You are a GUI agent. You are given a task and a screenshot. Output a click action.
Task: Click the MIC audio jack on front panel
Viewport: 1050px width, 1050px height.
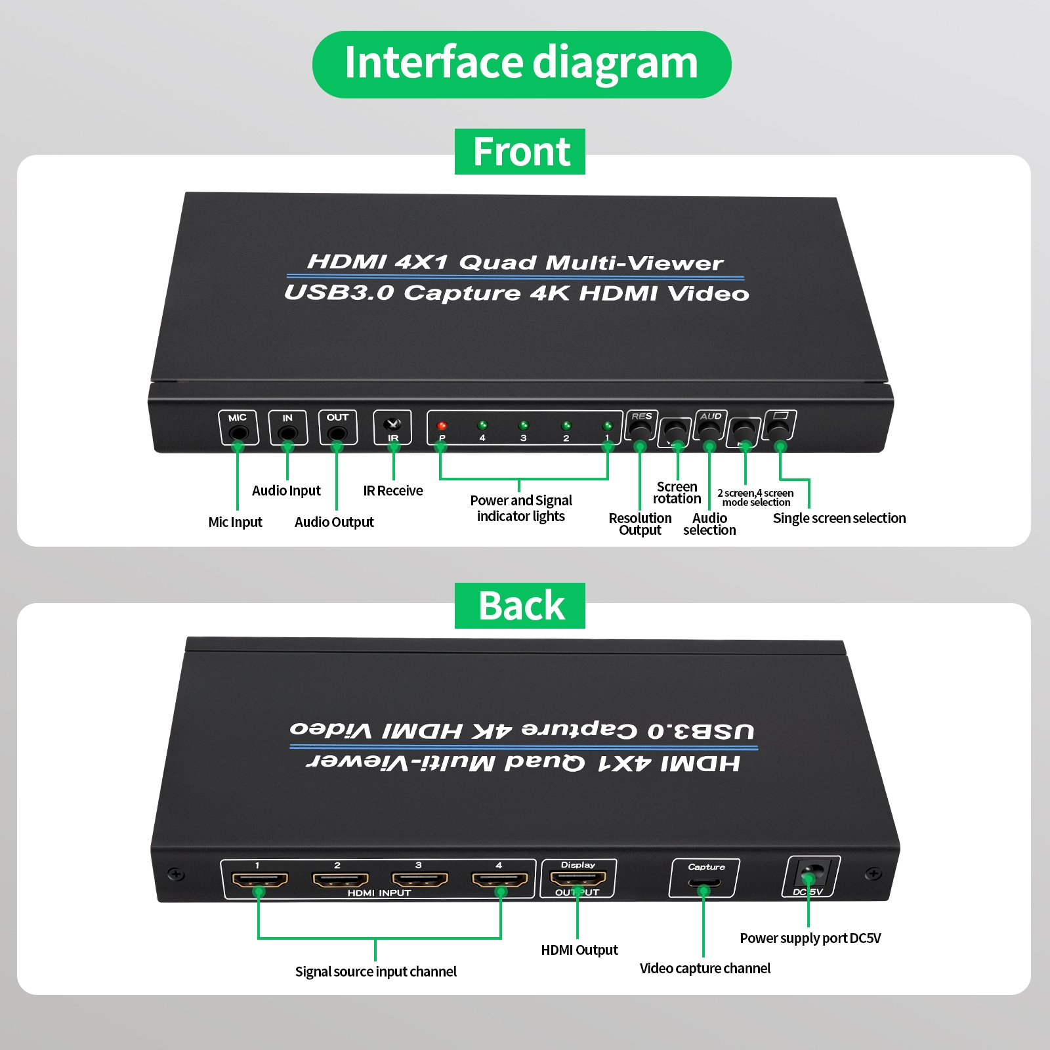point(239,433)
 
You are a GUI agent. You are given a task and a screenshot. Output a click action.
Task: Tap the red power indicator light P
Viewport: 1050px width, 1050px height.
point(442,426)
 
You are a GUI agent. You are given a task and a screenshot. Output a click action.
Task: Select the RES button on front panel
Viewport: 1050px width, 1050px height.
point(640,430)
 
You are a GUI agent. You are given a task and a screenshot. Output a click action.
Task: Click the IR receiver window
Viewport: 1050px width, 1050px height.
point(392,424)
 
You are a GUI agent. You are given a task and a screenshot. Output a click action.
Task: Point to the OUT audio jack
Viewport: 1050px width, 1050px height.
point(337,433)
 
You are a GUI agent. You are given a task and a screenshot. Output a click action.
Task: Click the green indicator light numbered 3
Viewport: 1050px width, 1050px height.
point(523,426)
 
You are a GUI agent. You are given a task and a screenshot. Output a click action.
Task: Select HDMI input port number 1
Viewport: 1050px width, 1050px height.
point(260,880)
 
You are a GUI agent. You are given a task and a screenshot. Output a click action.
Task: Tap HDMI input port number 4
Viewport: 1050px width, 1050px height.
point(500,880)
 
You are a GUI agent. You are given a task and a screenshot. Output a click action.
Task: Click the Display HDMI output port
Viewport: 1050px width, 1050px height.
point(578,879)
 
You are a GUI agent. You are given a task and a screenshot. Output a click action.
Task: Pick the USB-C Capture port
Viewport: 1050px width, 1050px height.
point(704,883)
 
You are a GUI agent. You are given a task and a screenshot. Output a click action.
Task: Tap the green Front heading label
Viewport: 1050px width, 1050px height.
point(520,152)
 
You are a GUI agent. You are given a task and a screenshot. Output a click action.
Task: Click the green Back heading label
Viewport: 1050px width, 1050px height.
point(520,606)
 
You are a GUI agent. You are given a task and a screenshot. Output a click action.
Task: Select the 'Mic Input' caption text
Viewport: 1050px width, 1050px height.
point(235,522)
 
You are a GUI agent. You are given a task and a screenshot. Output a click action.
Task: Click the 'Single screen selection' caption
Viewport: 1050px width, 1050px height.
point(839,518)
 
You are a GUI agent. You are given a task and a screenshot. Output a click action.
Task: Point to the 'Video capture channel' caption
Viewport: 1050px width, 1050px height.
point(705,969)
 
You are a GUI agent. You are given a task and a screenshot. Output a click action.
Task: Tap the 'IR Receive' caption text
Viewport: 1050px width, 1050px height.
point(393,491)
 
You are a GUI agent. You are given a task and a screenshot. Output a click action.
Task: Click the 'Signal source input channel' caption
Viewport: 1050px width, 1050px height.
point(375,972)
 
